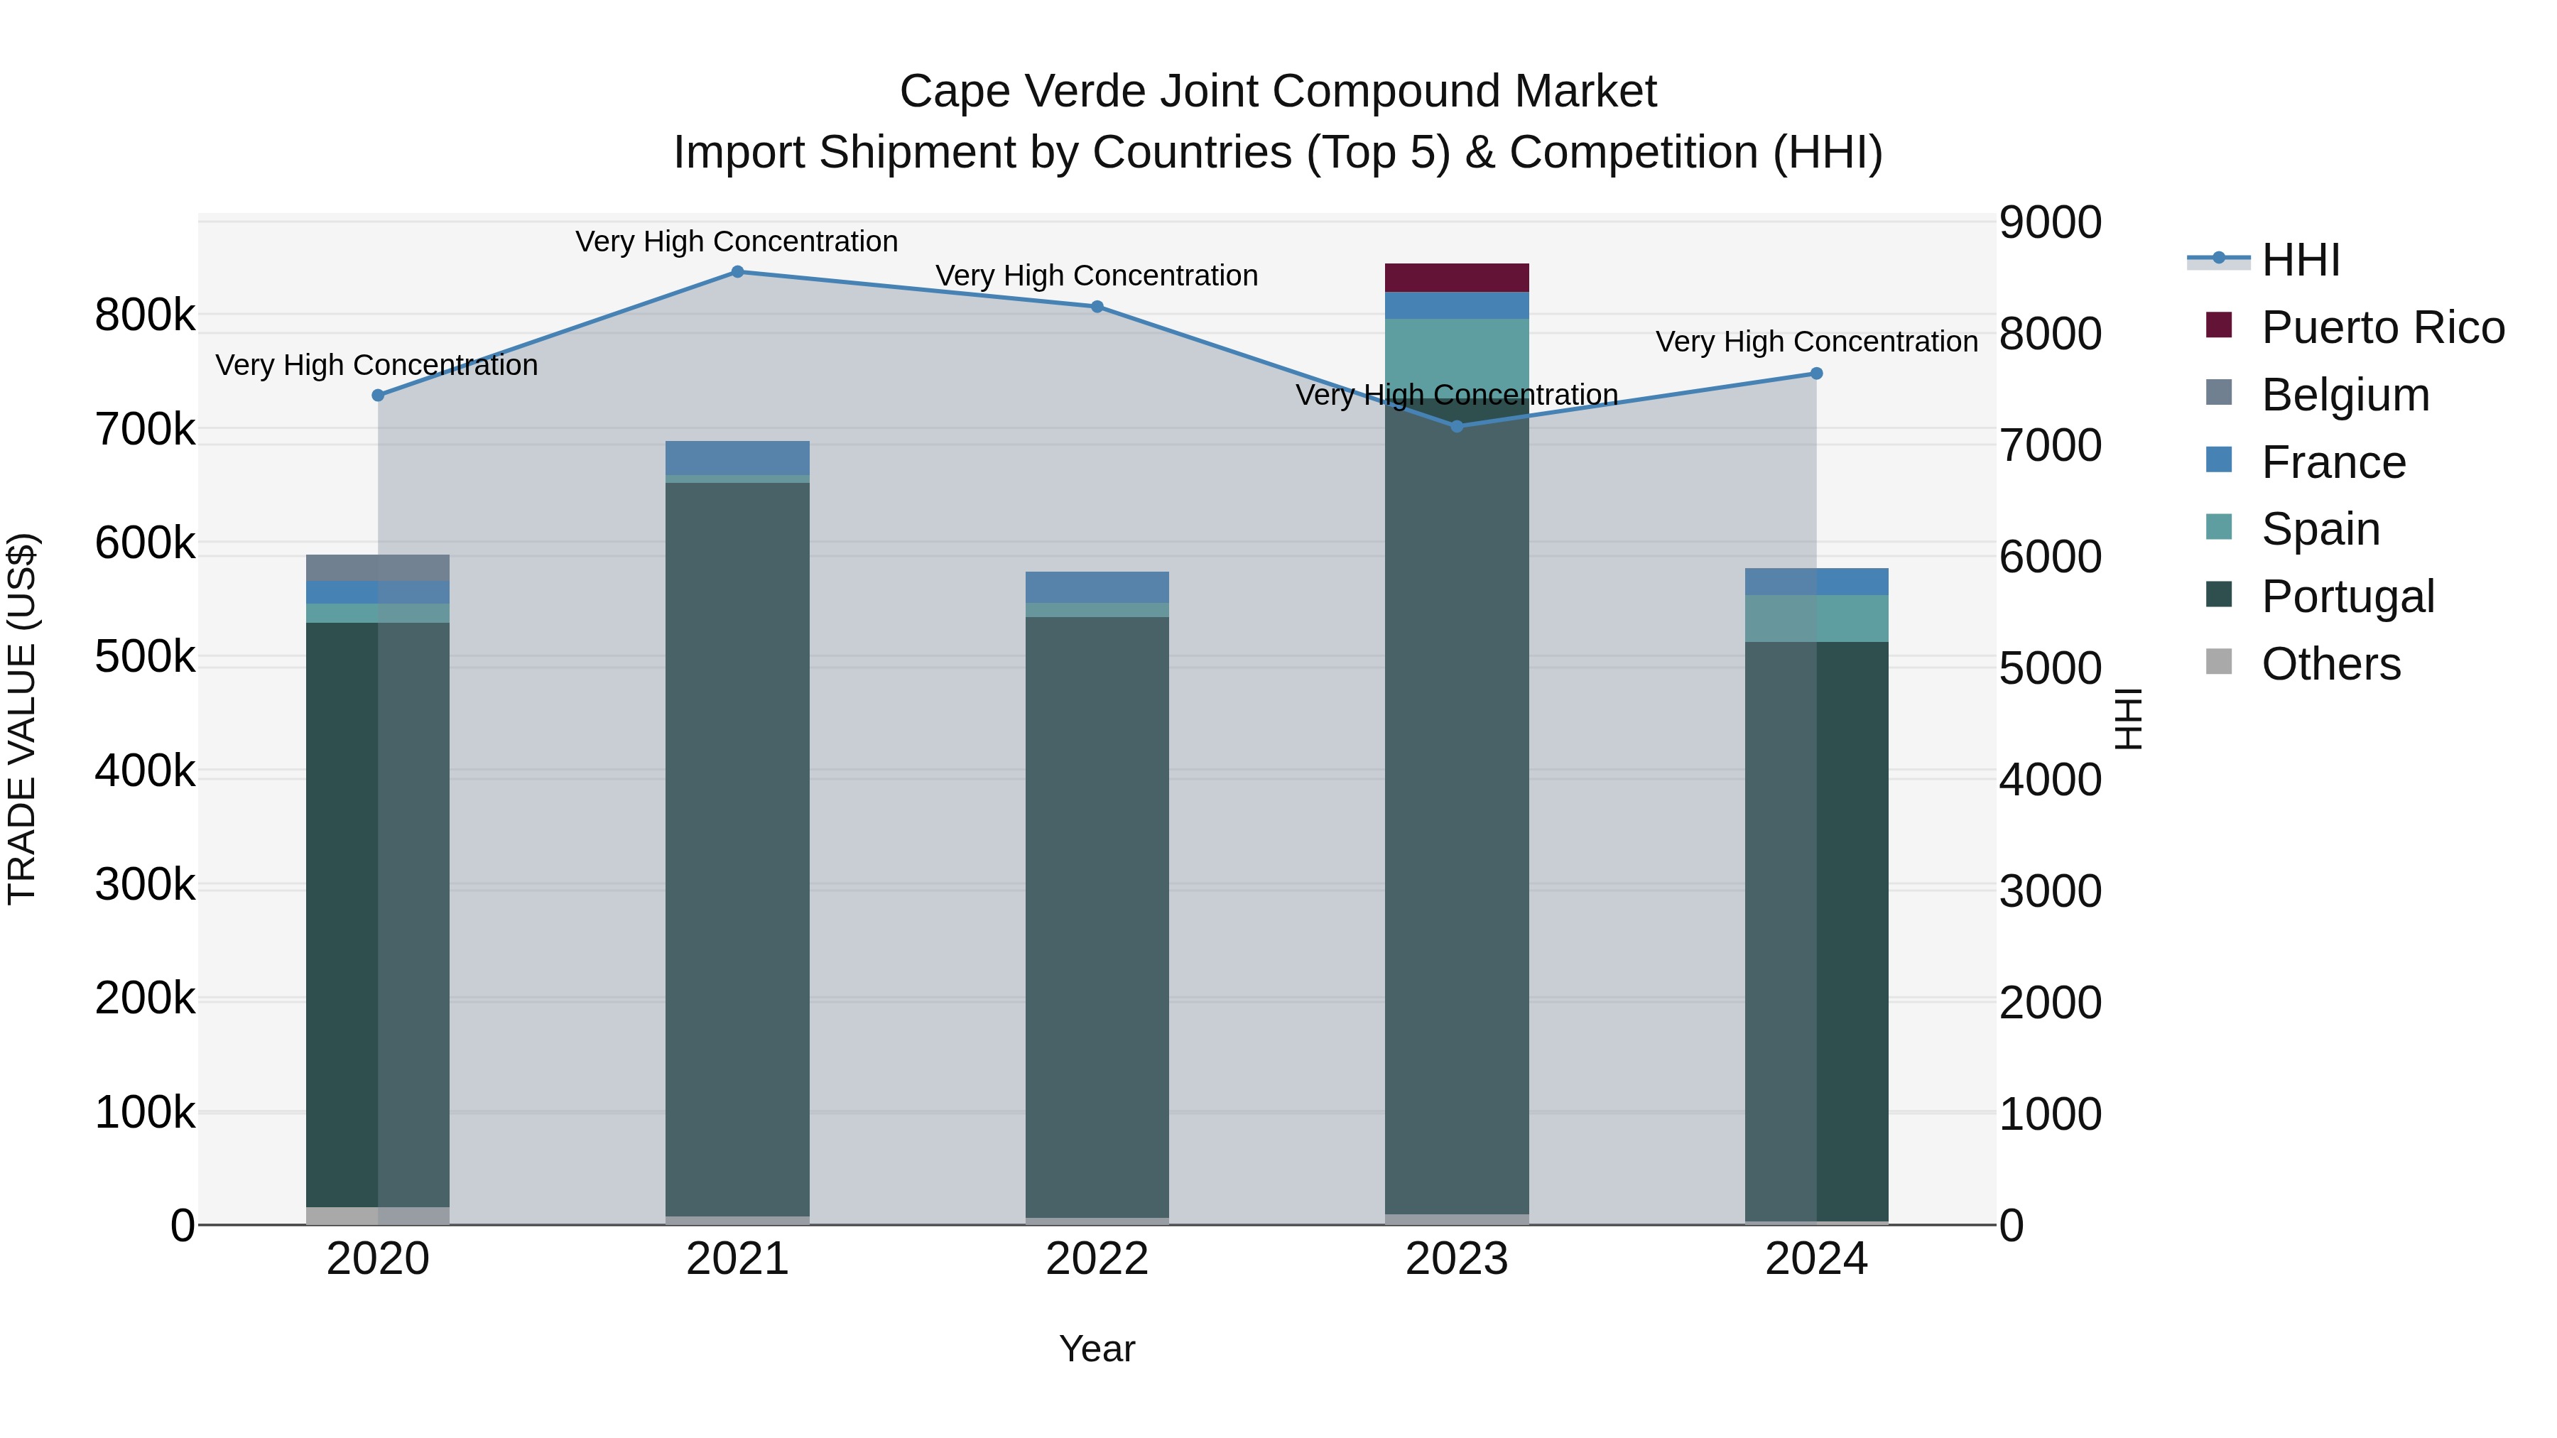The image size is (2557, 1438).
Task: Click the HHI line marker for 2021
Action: click(x=737, y=272)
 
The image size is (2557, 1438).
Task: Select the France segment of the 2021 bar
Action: click(x=737, y=457)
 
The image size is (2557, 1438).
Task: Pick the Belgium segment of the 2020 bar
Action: click(x=378, y=567)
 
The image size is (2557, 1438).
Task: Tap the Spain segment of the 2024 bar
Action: click(x=1816, y=619)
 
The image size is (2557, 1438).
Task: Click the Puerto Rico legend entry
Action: click(x=2382, y=327)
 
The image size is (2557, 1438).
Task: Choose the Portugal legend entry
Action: click(x=2347, y=597)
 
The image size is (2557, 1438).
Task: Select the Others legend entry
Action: click(x=2330, y=664)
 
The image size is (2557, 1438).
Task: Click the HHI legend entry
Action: click(x=2301, y=260)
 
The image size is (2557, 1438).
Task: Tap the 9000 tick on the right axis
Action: click(x=2050, y=222)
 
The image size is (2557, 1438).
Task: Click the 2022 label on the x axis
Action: click(x=1097, y=1259)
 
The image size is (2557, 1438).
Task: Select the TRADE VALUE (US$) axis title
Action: click(x=22, y=719)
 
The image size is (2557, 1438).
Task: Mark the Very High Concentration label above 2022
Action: click(x=1097, y=276)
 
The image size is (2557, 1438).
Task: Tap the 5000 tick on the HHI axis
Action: click(x=2050, y=669)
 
